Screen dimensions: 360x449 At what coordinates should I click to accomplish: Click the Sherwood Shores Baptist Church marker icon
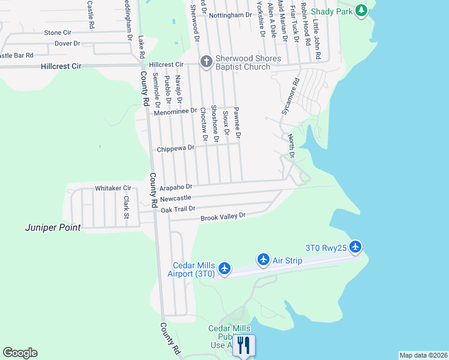click(206, 61)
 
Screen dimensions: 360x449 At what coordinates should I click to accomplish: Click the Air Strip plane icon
click(263, 259)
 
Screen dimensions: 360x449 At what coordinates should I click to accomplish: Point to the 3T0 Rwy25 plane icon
click(355, 247)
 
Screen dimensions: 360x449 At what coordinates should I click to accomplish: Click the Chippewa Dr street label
click(176, 148)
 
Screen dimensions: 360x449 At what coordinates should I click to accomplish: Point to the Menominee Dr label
click(175, 111)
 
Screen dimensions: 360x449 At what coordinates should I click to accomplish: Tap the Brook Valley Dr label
click(223, 216)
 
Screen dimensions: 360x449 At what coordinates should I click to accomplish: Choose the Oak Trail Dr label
click(178, 209)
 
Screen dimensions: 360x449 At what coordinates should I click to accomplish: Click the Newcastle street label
click(175, 198)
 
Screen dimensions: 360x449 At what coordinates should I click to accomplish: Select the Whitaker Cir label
click(113, 188)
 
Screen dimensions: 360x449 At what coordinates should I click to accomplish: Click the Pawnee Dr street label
click(237, 124)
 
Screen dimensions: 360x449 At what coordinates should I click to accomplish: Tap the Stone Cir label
click(58, 32)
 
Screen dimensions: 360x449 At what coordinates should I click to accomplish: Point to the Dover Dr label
click(67, 43)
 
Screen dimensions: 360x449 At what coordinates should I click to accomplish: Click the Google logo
click(20, 353)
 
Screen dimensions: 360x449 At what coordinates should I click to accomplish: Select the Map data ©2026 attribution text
click(423, 355)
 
